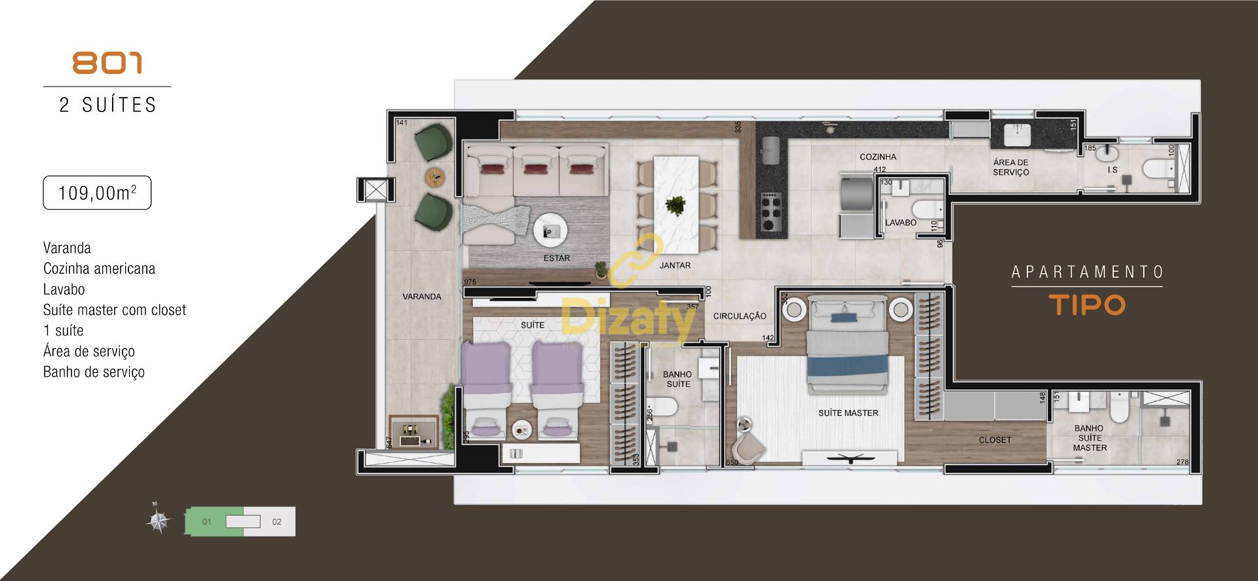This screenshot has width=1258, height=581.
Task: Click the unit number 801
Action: (x=107, y=64)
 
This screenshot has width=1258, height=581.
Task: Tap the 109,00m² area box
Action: (x=97, y=193)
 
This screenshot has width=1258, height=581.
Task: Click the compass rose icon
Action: (x=158, y=521)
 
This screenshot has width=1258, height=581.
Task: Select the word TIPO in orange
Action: (x=1087, y=305)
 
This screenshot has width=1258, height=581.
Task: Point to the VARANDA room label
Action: (x=421, y=297)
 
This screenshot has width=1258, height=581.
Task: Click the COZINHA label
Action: (x=878, y=157)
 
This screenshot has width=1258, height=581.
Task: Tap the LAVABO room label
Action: (x=900, y=223)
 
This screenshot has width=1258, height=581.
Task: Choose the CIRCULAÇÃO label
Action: (x=740, y=316)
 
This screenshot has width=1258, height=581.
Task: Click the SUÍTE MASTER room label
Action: (x=848, y=413)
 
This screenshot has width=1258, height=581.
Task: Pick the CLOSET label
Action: (x=995, y=440)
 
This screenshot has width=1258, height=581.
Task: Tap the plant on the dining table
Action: (x=674, y=207)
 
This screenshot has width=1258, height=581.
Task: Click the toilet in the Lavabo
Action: (x=926, y=210)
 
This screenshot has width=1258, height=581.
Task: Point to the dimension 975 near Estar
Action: (x=469, y=282)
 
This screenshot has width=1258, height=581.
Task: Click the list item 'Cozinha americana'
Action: (x=99, y=269)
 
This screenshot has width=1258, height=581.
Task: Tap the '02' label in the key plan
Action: (x=276, y=522)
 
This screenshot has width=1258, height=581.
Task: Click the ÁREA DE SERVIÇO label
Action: (x=1010, y=168)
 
